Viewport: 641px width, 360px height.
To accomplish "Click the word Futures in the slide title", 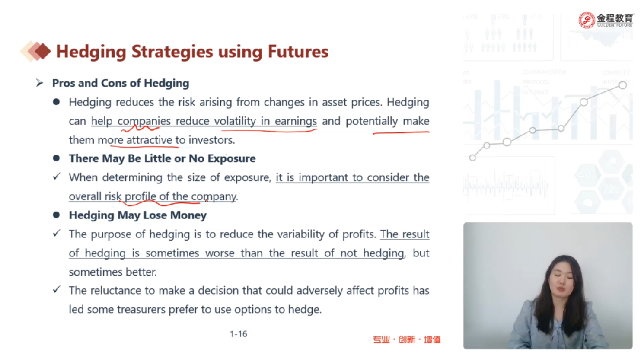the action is pos(298,52).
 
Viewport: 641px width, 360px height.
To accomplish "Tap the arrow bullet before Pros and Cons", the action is pos(40,83).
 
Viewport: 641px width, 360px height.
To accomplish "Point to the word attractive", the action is pos(149,140).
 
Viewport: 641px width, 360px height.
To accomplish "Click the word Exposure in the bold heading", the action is pos(231,158).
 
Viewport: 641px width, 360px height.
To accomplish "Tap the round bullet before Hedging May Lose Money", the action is pos(56,215).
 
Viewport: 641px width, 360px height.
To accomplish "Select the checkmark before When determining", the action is pos(57,177).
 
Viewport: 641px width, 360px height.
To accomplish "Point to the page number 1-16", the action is pos(239,334).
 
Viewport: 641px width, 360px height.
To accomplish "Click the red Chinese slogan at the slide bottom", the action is pos(407,340).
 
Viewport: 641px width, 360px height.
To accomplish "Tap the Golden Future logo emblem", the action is pos(586,20).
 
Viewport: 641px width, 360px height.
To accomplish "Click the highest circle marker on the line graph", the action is pos(622,85).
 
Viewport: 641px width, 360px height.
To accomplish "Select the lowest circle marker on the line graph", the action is pos(472,158).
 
